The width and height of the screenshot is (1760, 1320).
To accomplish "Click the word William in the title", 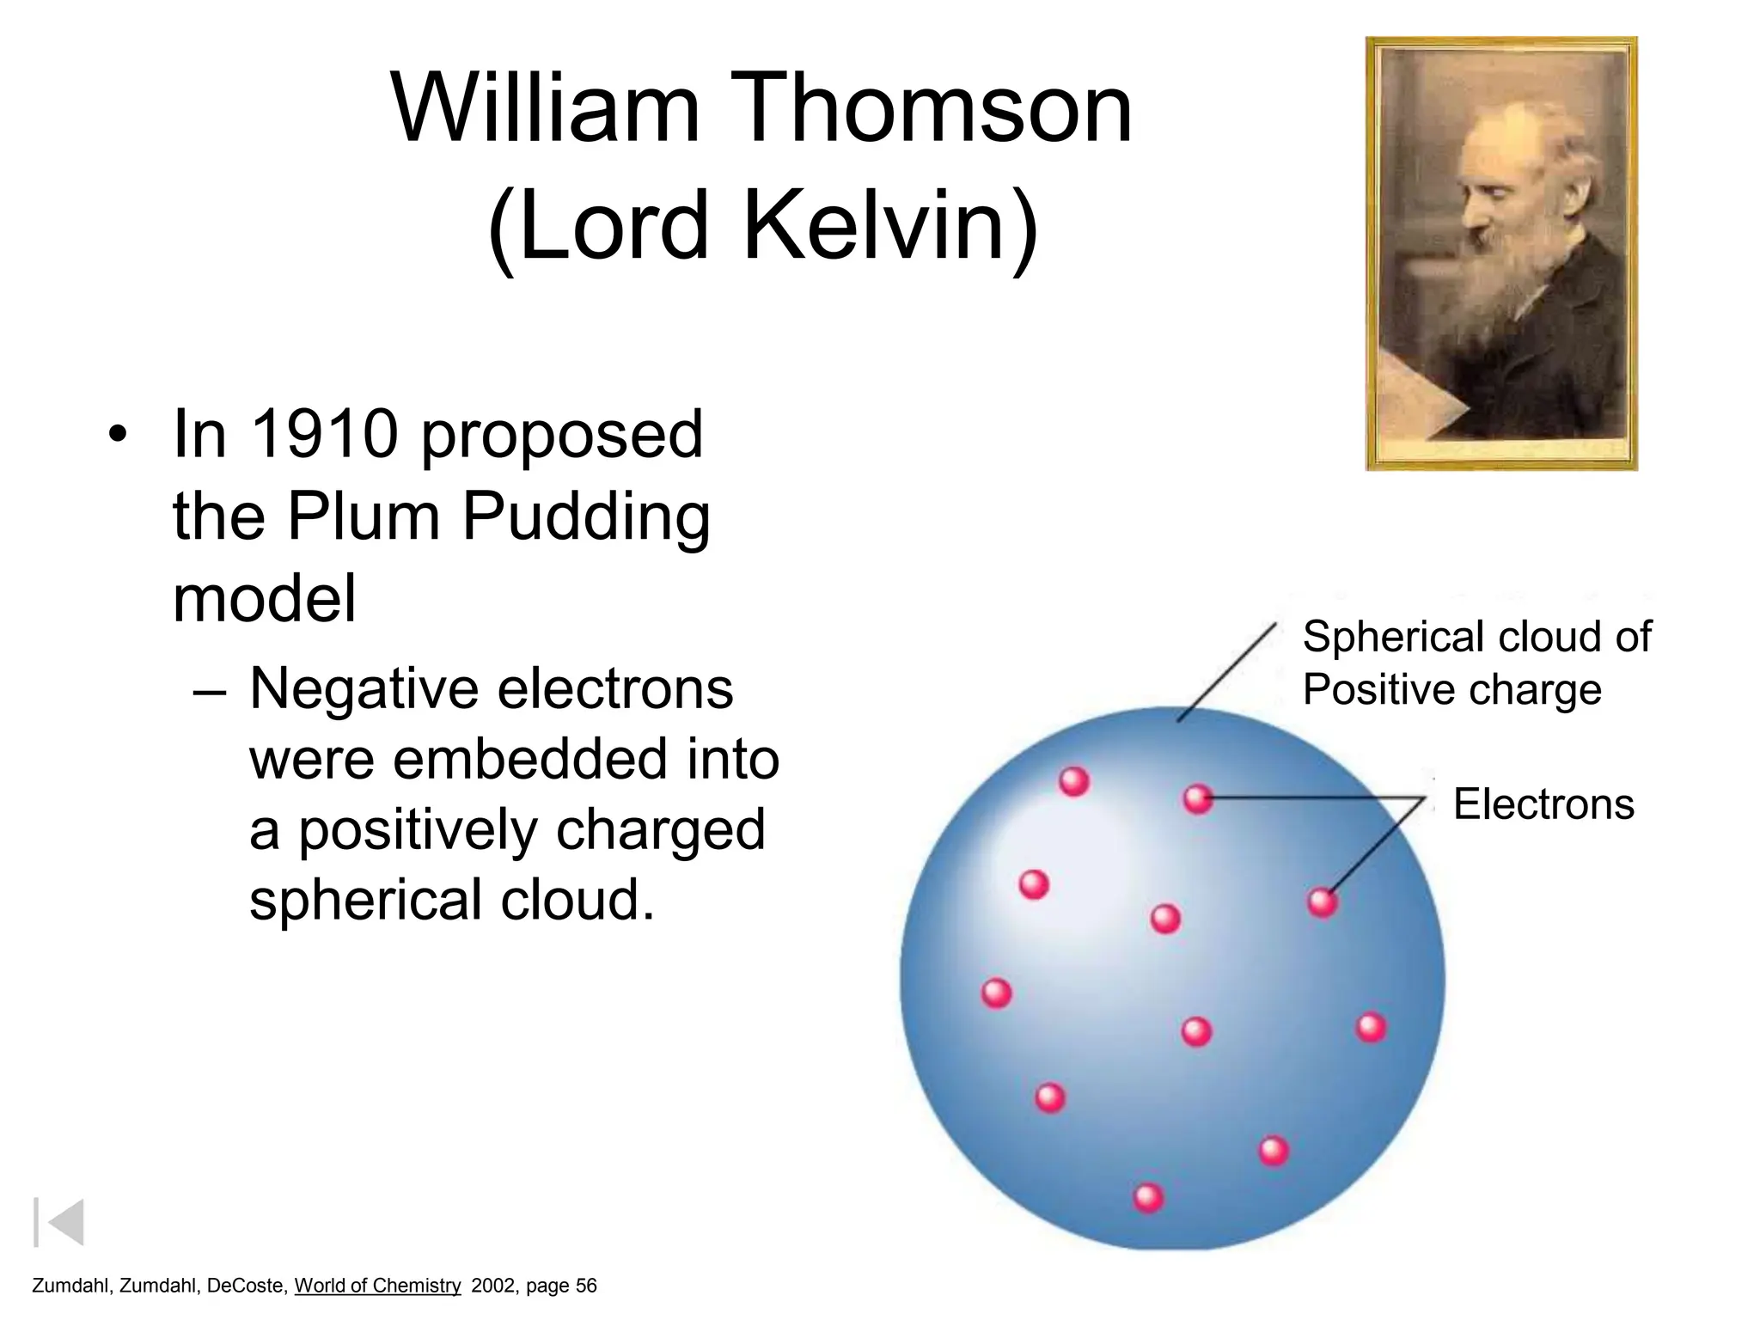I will (545, 109).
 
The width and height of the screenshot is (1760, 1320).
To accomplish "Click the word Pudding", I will (586, 518).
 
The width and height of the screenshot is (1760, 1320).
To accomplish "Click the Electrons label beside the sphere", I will (1543, 804).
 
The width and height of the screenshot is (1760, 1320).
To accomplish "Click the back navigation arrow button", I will (59, 1221).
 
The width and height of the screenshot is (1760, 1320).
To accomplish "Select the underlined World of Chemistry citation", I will (377, 1286).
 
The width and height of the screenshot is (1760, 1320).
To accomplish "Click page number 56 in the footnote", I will (585, 1286).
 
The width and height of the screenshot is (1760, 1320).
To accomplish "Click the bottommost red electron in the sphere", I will (1148, 1197).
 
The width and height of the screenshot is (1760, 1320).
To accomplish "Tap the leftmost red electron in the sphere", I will (996, 993).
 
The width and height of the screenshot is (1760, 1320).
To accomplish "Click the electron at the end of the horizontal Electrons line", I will (1197, 799).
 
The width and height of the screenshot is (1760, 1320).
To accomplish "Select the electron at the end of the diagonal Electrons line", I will (1322, 902).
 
